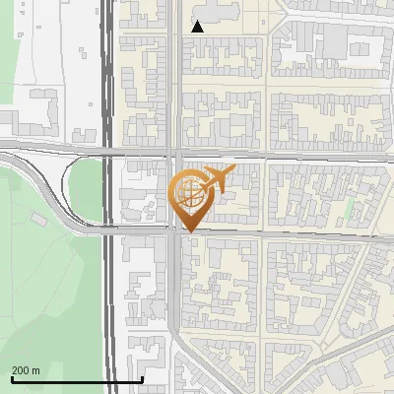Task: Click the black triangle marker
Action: tap(198, 27)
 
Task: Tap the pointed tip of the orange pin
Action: tap(189, 232)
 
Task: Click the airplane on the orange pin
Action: tap(218, 179)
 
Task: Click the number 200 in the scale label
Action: tap(22, 370)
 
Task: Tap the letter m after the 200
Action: tap(36, 370)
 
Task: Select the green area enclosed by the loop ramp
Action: tap(87, 192)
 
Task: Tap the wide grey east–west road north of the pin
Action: tap(295, 155)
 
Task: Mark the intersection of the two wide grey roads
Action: tap(173, 154)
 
